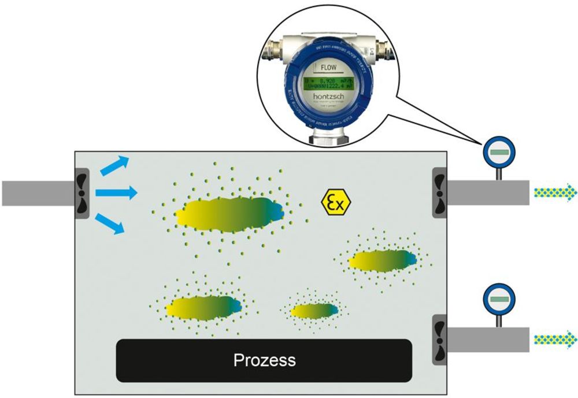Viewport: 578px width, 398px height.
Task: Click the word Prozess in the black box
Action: [x=264, y=360]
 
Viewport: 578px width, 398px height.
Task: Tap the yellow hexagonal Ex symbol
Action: [x=336, y=202]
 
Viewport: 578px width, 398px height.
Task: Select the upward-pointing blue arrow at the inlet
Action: [x=114, y=165]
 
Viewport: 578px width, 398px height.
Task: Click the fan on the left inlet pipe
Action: [x=81, y=193]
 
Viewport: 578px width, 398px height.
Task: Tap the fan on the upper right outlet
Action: [x=440, y=193]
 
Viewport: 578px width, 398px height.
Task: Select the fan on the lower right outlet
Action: [x=440, y=339]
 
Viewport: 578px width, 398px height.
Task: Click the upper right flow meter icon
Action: [x=497, y=152]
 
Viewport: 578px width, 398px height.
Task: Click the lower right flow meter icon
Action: [x=497, y=299]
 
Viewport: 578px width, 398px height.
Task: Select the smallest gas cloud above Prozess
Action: [x=314, y=311]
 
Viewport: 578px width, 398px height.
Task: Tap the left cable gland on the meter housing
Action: [x=269, y=50]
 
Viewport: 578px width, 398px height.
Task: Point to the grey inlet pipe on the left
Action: [x=35, y=193]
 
